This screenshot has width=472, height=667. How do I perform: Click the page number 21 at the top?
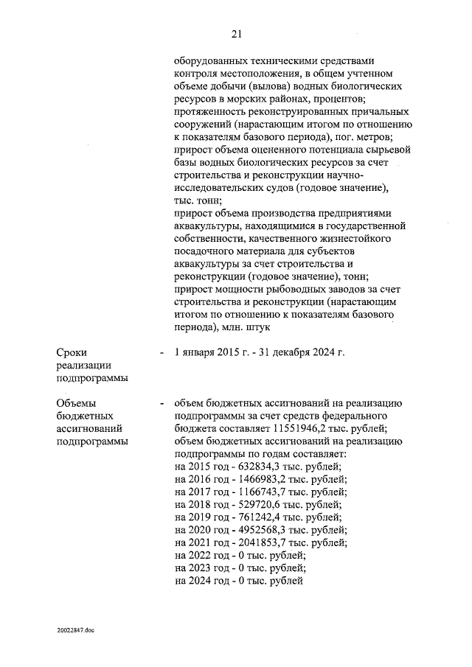[237, 33]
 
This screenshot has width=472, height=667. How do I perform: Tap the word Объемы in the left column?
[76, 403]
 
